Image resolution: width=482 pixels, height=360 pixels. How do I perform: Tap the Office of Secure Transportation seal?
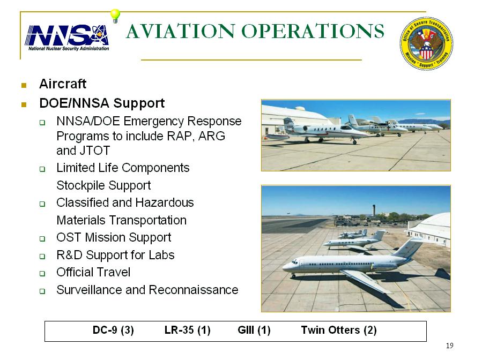[426, 43]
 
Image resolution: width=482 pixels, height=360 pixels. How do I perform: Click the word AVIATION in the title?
[181, 31]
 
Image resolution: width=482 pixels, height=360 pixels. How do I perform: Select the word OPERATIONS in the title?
[313, 31]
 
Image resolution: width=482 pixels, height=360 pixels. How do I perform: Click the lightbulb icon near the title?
[115, 16]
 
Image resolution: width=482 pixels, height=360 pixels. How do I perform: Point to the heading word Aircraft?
[63, 84]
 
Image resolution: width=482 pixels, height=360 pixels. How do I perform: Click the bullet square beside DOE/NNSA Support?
[24, 104]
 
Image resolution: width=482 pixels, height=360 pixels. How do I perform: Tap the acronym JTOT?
[95, 151]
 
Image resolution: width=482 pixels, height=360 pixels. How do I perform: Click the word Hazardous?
[165, 202]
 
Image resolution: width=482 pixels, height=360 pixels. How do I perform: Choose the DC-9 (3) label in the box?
[113, 330]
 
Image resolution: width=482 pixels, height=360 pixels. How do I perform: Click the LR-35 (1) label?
[188, 330]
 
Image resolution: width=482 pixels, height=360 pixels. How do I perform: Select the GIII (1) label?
[254, 330]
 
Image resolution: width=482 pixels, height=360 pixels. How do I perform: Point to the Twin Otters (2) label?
[339, 330]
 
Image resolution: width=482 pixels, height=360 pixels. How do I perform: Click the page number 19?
[449, 346]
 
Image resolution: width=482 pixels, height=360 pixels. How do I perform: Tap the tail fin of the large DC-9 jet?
[410, 247]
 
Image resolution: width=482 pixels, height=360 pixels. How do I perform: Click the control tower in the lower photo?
[374, 211]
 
